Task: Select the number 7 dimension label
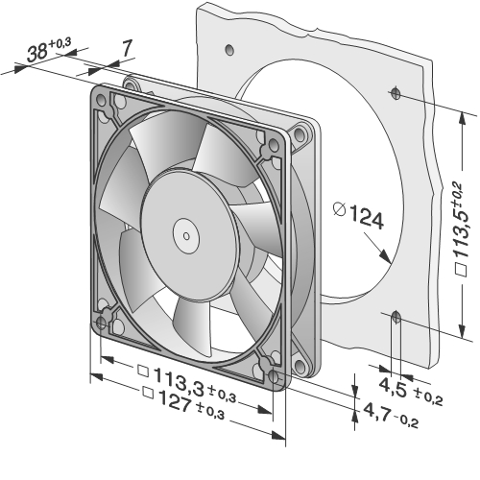click(127, 48)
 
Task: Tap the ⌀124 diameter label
click(358, 215)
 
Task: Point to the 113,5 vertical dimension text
click(461, 229)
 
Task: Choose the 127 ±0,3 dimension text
click(183, 402)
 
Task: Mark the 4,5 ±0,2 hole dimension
click(411, 393)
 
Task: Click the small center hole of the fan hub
click(186, 236)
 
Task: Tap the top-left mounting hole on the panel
click(229, 49)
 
